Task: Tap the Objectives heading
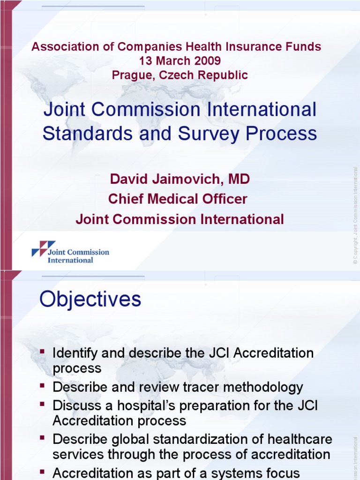[x=90, y=299]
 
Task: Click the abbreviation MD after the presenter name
[x=239, y=179]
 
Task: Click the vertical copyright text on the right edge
[x=356, y=216]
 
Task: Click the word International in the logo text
[x=70, y=260]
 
